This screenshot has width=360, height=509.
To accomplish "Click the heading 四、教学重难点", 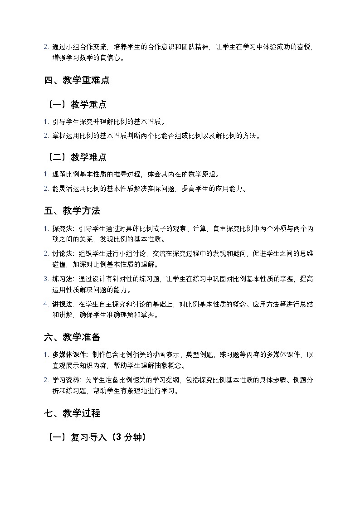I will (x=77, y=81).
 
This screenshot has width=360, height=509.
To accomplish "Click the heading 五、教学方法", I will (x=72, y=211).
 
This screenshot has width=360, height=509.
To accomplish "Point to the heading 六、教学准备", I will (x=72, y=337).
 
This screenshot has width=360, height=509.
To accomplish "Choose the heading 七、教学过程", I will (x=72, y=413).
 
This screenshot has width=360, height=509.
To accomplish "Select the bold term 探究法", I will (x=62, y=229).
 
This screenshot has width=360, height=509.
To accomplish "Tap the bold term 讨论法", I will (x=62, y=254).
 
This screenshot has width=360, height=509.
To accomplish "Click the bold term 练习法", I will (x=62, y=280).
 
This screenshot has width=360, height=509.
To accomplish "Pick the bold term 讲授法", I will (x=62, y=305).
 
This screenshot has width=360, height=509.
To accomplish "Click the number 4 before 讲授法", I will (x=46, y=305).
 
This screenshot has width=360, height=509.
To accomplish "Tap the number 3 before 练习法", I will (x=46, y=280).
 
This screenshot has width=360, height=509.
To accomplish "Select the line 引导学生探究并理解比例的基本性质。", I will (x=109, y=122).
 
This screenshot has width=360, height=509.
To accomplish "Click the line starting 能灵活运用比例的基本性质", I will (x=150, y=189).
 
